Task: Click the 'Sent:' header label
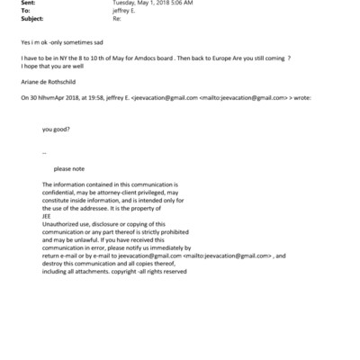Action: coord(29,4)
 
